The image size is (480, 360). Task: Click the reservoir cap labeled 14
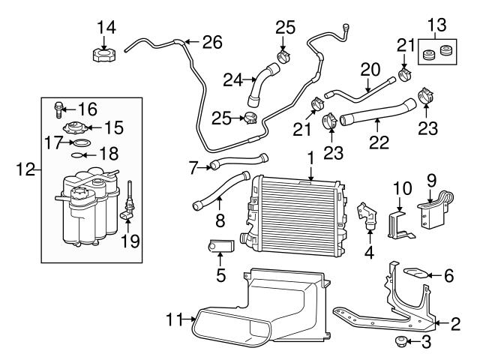tap(102, 55)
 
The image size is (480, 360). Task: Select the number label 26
tap(213, 42)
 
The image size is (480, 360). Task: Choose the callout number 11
tap(174, 320)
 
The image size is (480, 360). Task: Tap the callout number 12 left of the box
tap(23, 170)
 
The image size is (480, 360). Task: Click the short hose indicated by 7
tap(238, 160)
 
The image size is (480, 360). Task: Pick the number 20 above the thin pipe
tap(370, 70)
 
